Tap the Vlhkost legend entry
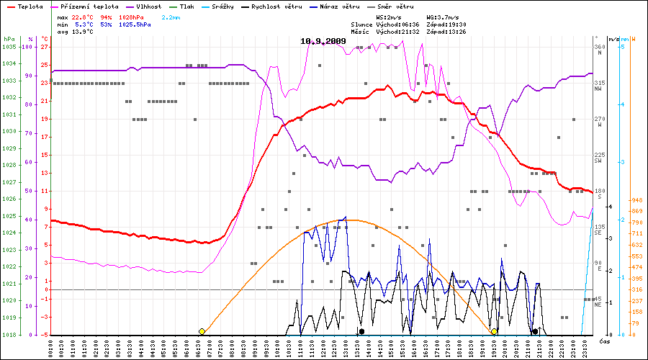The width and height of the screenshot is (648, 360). (148, 6)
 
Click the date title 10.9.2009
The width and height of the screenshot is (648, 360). (323, 41)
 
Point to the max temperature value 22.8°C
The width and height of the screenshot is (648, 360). (81, 16)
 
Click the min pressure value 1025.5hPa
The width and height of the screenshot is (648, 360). (135, 24)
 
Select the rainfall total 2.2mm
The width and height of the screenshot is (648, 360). (171, 16)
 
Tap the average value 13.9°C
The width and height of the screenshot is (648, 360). (81, 32)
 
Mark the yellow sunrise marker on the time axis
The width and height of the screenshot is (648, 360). (202, 331)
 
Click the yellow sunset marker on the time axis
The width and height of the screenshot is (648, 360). (494, 331)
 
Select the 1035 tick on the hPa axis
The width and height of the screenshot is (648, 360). (9, 47)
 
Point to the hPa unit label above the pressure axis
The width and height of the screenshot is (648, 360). (8, 38)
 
